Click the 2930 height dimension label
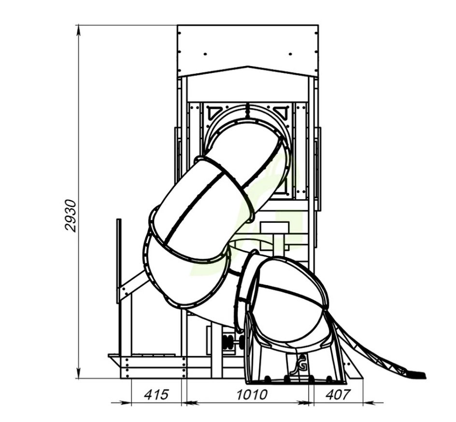71,216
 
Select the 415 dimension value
157,394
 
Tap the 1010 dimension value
252,394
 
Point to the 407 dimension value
337,394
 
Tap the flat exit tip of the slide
416,375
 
